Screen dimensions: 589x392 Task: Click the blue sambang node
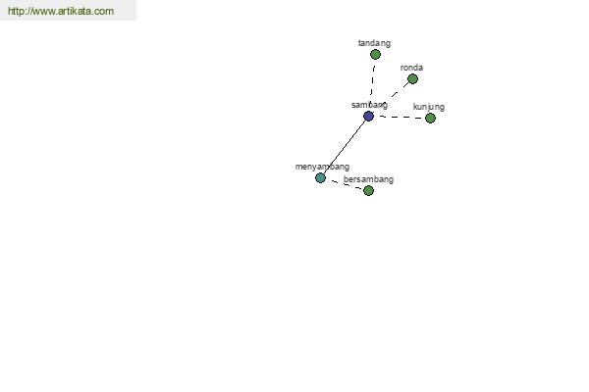tap(368, 117)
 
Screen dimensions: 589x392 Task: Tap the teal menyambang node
tap(320, 177)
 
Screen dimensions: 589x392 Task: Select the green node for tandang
tap(375, 55)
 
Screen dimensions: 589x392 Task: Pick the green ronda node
tap(412, 79)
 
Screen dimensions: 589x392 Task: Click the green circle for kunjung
tap(430, 119)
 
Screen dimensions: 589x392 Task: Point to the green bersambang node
tap(368, 190)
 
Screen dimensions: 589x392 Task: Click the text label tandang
tap(374, 43)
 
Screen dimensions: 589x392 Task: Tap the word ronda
tap(411, 68)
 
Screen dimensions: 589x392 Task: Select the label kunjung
tap(429, 107)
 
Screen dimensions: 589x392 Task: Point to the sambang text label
tap(369, 105)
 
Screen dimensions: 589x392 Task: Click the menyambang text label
tap(322, 167)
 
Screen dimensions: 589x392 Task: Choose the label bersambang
tap(368, 179)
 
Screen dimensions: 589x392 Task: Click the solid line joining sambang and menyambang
tap(345, 147)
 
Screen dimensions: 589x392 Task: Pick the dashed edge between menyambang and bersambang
tap(345, 184)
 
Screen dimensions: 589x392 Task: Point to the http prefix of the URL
tap(16, 11)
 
